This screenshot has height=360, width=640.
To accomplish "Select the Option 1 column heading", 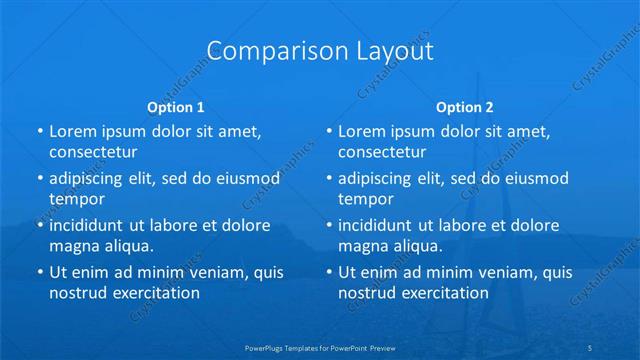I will [x=176, y=107].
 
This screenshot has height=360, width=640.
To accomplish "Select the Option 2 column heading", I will [x=465, y=107].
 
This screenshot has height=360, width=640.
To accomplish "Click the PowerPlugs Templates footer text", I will [x=320, y=347].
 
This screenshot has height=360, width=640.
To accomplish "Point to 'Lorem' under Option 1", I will [x=72, y=131].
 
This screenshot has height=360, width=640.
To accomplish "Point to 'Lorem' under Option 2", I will [x=361, y=131].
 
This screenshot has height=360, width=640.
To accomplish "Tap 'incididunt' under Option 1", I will [x=88, y=225].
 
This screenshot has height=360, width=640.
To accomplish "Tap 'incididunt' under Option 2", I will [x=377, y=225].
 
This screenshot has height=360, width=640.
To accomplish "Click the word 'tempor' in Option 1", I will [x=77, y=198].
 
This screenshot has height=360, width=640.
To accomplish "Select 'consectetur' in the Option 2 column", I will [x=382, y=152].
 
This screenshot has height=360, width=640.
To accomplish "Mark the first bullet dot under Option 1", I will [x=39, y=132].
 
